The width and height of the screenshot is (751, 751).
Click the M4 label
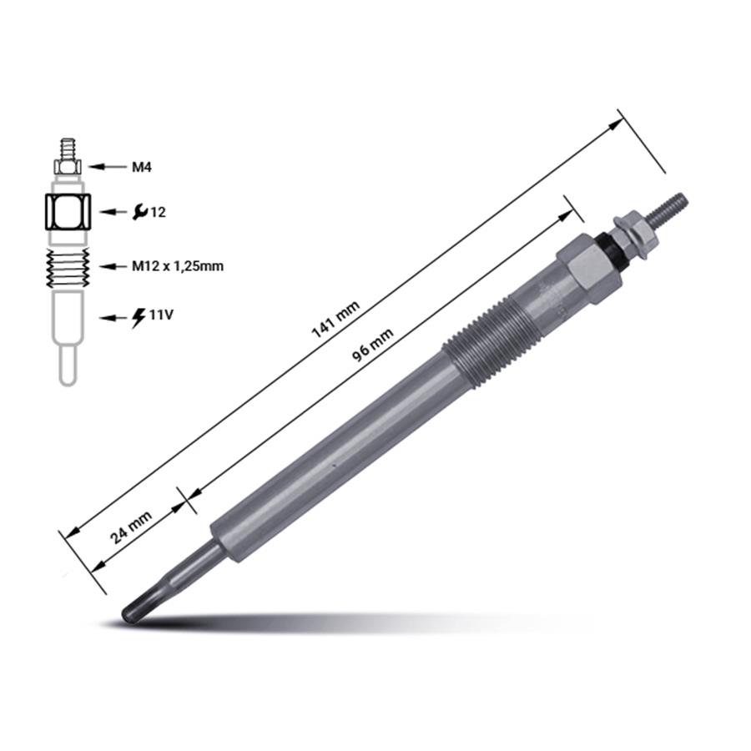click(x=142, y=167)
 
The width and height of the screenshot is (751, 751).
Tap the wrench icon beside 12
click(x=140, y=212)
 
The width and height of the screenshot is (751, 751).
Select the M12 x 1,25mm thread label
click(x=178, y=266)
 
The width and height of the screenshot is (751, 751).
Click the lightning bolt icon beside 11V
click(x=139, y=316)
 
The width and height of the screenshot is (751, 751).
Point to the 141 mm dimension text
click(x=335, y=320)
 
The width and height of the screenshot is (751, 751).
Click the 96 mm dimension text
click(x=373, y=345)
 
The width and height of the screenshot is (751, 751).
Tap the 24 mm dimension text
click(x=131, y=527)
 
